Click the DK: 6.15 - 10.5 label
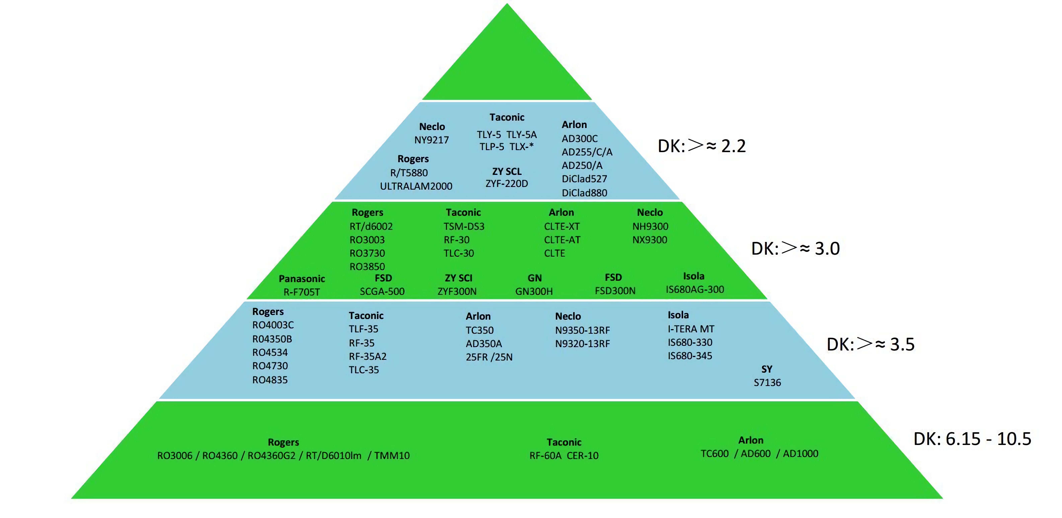point(972,439)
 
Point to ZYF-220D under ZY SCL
point(507,183)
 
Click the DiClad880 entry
point(584,193)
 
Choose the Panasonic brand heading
point(302,279)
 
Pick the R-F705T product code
point(302,292)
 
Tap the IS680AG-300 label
point(695,289)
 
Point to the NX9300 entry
point(650,240)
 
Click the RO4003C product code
point(273,325)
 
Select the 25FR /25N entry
point(489,357)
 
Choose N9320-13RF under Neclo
point(582,344)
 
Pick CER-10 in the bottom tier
point(583,456)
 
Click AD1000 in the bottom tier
point(800,454)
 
